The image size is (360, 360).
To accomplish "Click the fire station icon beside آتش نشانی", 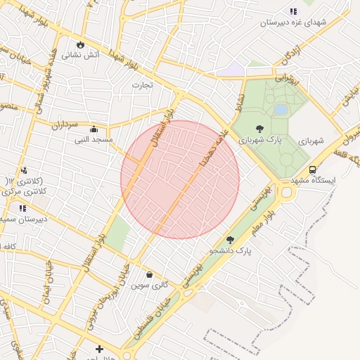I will pyautogui.click(x=81, y=44).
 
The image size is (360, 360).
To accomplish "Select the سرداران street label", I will pyautogui.click(x=63, y=124).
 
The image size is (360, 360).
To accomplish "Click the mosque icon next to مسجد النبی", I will pyautogui.click(x=94, y=129).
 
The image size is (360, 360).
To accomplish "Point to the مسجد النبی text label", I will pyautogui.click(x=94, y=140).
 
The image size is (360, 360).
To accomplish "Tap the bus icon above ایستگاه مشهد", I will pyautogui.click(x=312, y=169).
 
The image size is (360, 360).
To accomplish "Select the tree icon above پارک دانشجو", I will pyautogui.click(x=230, y=240).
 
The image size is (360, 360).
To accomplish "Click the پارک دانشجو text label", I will pyautogui.click(x=230, y=250).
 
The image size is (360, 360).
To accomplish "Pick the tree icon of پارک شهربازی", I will pyautogui.click(x=260, y=129).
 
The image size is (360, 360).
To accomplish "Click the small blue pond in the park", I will pyautogui.click(x=281, y=110).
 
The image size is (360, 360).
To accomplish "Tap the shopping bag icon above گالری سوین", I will pyautogui.click(x=149, y=274).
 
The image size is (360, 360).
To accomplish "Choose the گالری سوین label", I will pyautogui.click(x=149, y=285).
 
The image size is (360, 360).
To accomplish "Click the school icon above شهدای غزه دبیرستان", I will pyautogui.click(x=293, y=11).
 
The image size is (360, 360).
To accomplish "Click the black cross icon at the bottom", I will pyautogui.click(x=99, y=349).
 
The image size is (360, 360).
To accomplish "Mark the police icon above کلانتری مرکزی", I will pyautogui.click(x=24, y=169).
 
